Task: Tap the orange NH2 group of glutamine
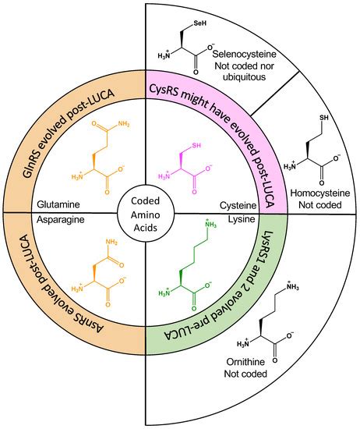click(135, 122)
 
